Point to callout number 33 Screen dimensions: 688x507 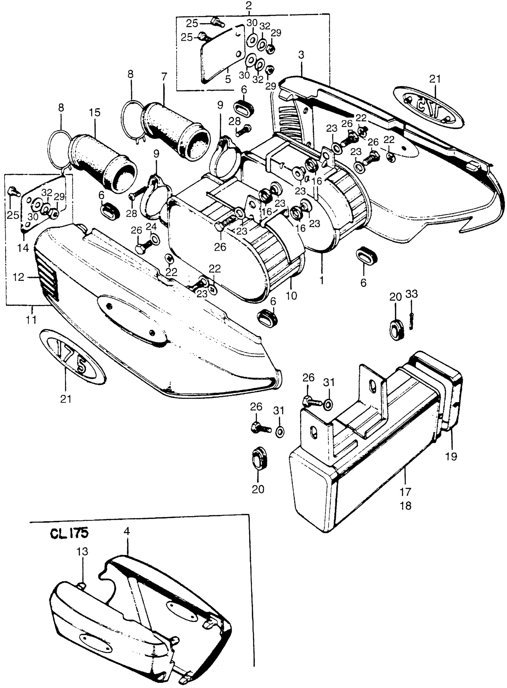point(412,294)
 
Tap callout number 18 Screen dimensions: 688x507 point(405,505)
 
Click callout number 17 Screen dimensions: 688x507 point(405,492)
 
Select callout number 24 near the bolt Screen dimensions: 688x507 point(153,227)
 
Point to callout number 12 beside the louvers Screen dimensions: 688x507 point(18,277)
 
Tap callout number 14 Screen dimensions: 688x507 point(23,247)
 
